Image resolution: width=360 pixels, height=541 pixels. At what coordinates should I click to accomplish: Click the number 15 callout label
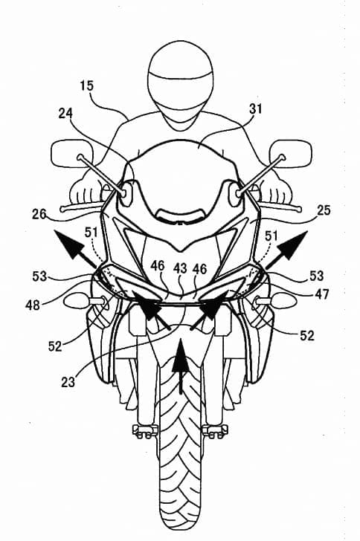click(x=87, y=85)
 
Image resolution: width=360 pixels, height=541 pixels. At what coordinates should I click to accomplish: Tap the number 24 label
click(x=65, y=113)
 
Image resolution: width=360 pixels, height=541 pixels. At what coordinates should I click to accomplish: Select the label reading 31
click(x=256, y=109)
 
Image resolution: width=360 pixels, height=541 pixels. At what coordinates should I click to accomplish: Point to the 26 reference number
click(x=39, y=214)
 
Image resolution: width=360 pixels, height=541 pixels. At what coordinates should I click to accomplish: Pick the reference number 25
click(x=324, y=210)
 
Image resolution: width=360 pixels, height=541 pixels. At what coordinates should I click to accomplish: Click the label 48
click(x=33, y=305)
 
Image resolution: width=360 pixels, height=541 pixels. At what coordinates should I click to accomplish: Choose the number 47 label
click(x=321, y=294)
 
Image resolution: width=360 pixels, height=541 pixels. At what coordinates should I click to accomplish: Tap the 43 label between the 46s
click(x=180, y=268)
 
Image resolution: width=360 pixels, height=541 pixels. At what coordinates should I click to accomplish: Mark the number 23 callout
click(x=68, y=382)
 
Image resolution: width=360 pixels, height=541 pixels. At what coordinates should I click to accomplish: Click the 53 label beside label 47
click(x=316, y=276)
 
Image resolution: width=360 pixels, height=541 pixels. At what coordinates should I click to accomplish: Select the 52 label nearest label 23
click(x=55, y=346)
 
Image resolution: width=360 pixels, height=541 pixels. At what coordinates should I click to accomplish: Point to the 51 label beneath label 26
click(x=91, y=233)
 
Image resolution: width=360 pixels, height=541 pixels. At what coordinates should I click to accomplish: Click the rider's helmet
click(x=180, y=85)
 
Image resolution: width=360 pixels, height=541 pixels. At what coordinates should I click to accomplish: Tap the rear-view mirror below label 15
click(x=72, y=153)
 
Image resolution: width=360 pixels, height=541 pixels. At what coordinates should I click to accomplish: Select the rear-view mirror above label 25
click(x=291, y=153)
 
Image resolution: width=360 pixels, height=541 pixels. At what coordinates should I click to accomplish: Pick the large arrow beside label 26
click(x=75, y=248)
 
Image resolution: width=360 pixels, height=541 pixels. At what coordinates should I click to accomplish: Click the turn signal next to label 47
click(x=276, y=300)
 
